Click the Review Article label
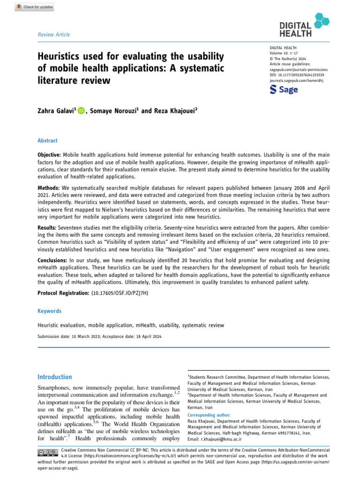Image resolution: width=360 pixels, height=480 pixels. (53, 34)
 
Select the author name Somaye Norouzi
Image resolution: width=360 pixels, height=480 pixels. (114, 111)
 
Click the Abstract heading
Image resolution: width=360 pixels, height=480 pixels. (48, 140)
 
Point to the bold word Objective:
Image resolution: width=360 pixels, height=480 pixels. (49, 155)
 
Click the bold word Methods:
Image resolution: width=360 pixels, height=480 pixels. (48, 187)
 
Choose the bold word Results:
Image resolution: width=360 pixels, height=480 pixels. (47, 227)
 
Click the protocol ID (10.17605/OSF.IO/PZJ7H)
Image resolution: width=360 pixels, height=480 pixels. (124, 293)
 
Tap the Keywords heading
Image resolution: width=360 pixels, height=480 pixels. (49, 311)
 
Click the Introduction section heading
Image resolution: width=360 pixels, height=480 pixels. (54, 377)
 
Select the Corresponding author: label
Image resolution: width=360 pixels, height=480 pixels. (209, 415)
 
